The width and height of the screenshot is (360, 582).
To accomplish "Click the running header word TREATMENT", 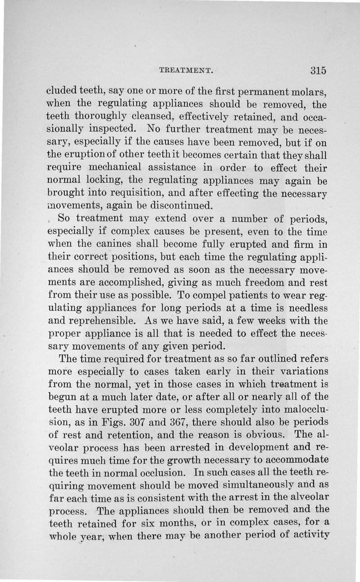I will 185,70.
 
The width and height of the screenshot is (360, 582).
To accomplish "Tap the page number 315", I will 318,70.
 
